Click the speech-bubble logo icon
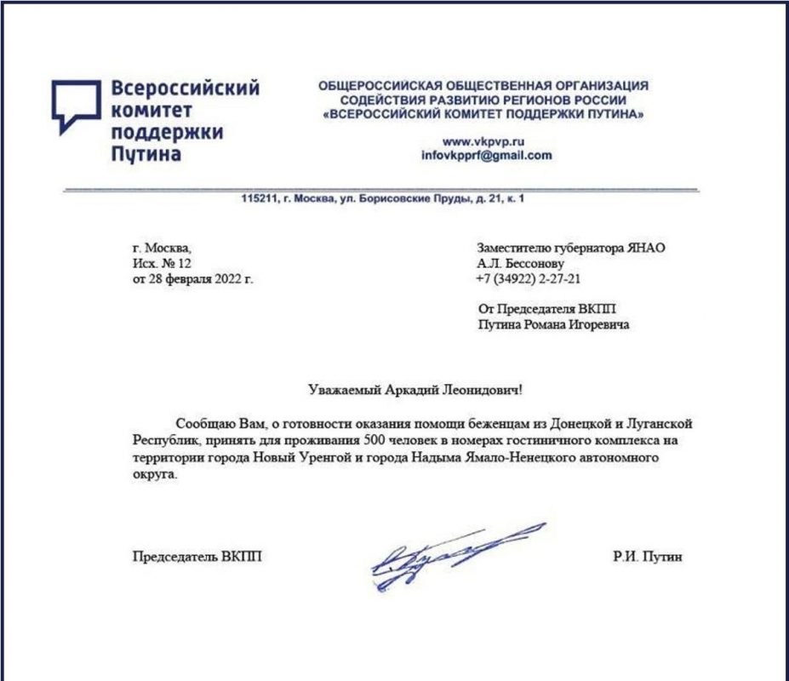[x=76, y=106]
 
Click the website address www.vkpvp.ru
[x=482, y=141]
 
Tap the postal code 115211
[x=260, y=199]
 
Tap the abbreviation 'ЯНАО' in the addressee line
[x=647, y=248]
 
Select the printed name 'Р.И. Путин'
[x=646, y=558]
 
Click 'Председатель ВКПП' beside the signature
[x=197, y=558]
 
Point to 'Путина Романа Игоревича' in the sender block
[x=554, y=325]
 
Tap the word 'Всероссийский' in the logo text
[x=185, y=89]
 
